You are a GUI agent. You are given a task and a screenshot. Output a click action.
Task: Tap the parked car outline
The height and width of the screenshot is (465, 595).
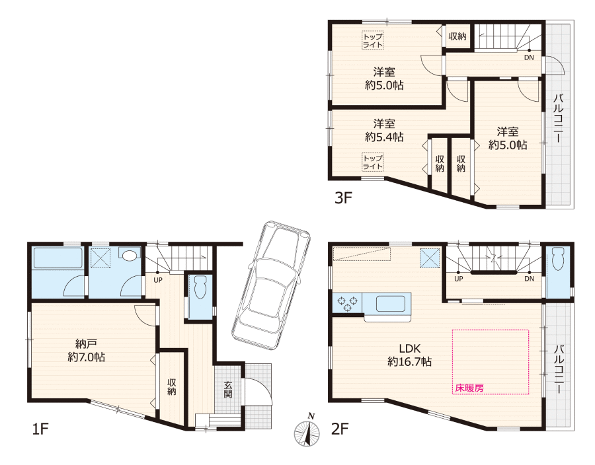(x=271, y=284)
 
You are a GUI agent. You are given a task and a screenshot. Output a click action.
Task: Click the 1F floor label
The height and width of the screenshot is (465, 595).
(x=40, y=429)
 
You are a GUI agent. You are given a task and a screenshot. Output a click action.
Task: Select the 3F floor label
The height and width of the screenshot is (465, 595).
(x=343, y=198)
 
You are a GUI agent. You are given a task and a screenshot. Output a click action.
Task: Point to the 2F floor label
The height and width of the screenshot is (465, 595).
(x=340, y=429)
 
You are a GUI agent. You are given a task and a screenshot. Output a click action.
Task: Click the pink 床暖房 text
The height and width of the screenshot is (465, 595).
(x=469, y=388)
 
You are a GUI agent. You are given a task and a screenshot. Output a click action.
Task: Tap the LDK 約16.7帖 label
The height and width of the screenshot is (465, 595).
(x=409, y=355)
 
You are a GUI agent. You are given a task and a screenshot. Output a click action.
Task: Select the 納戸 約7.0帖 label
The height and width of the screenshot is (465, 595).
(x=87, y=351)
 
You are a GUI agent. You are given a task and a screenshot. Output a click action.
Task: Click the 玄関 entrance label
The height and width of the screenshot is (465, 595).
(x=228, y=390)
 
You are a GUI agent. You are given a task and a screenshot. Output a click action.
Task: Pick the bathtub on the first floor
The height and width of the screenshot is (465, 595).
(x=58, y=258)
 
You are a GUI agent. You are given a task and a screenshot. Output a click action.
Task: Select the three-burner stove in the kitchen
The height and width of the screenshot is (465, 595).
(x=348, y=303)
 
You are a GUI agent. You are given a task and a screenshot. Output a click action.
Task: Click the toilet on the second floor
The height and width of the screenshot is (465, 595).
(x=558, y=259)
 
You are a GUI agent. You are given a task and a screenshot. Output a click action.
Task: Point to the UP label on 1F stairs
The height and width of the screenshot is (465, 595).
(x=158, y=280)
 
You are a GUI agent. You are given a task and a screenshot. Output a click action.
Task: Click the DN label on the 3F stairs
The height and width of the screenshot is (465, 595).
(x=529, y=57)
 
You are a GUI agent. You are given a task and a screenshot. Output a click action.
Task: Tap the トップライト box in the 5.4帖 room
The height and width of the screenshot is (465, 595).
(x=373, y=162)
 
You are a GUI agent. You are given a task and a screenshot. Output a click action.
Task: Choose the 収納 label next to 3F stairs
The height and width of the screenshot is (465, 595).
(x=457, y=36)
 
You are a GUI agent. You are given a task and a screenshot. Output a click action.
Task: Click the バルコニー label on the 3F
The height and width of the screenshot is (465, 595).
(x=558, y=118)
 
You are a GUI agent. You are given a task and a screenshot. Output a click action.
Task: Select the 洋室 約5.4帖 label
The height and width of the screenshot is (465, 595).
(x=384, y=130)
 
